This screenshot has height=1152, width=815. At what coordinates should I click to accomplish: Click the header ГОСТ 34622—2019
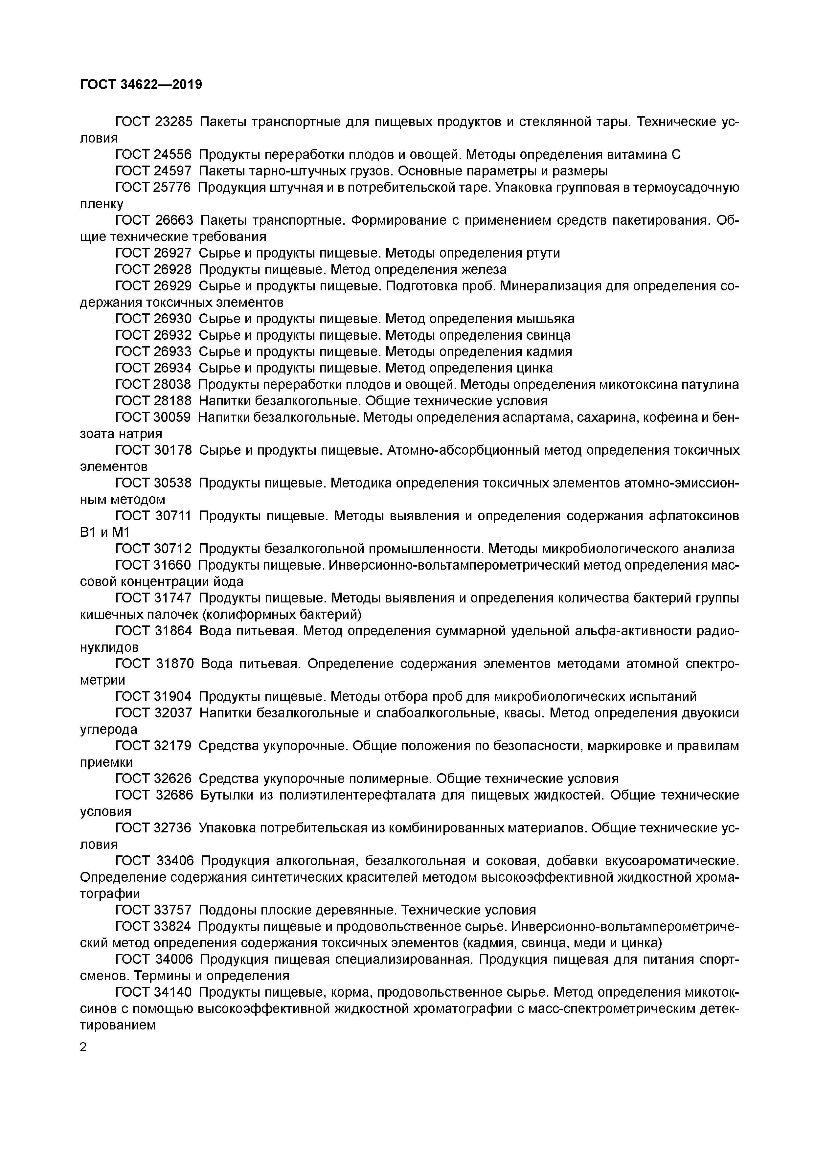click(141, 85)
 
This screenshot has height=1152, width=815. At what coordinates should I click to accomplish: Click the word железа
click(483, 269)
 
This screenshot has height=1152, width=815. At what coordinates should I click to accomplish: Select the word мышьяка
click(547, 319)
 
